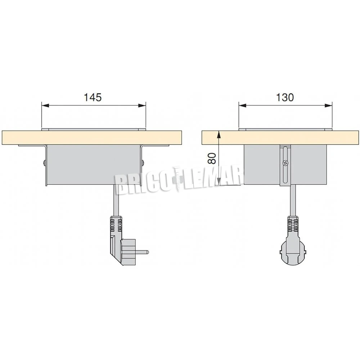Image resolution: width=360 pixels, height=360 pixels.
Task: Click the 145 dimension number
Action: [x=93, y=97]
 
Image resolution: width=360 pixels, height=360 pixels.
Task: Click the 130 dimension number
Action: [x=284, y=97]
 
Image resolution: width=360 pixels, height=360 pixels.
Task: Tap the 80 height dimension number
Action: [x=212, y=158]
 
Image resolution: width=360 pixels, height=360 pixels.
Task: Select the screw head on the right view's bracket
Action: [x=285, y=163]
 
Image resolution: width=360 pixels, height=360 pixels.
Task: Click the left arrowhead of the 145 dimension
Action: [x=45, y=105]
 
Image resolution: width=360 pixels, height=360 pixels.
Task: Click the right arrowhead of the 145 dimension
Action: [x=142, y=105]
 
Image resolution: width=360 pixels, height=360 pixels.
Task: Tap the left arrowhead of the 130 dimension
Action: [x=242, y=105]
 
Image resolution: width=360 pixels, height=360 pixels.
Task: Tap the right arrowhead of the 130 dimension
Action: [x=329, y=105]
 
